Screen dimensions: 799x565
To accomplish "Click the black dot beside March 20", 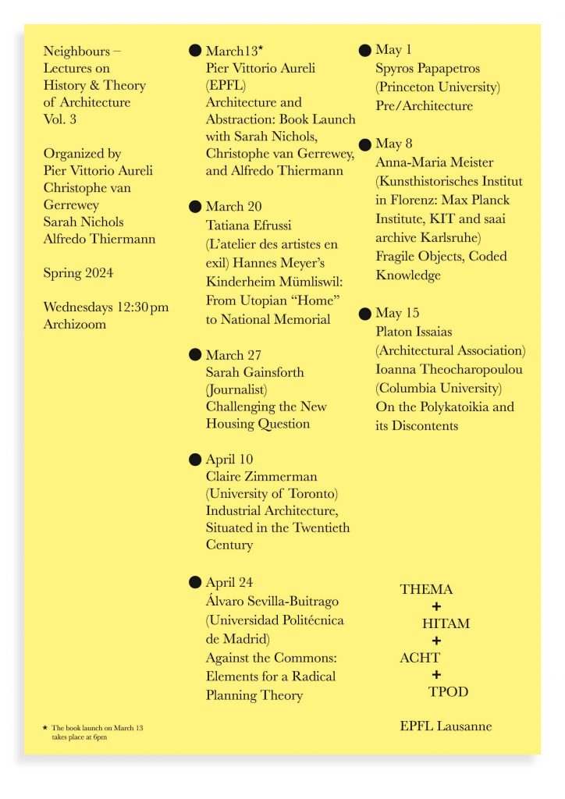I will coord(195,207).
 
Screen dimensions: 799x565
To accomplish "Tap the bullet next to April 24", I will coord(195,582).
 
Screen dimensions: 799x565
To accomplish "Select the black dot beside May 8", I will coord(364,144).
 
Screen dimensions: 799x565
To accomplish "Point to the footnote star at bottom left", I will coord(45,727).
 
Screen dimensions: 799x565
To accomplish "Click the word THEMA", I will coord(426,590).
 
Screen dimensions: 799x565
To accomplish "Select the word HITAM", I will coord(446,623).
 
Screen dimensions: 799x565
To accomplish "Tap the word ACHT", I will coord(420,657).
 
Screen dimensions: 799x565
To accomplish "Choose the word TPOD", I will coord(448,691).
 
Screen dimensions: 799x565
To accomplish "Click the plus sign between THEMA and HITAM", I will coord(436,606).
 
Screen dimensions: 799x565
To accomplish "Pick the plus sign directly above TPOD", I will coord(436,674).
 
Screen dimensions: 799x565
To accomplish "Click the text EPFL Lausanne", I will coord(446,726).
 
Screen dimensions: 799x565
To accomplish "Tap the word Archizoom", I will coord(75,324).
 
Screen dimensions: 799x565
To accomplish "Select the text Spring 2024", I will coord(78,273).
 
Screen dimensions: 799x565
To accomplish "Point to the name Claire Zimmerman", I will coord(261,476).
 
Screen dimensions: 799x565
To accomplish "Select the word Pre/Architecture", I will coord(424,105).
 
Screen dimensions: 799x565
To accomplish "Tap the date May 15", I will coord(397,314).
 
